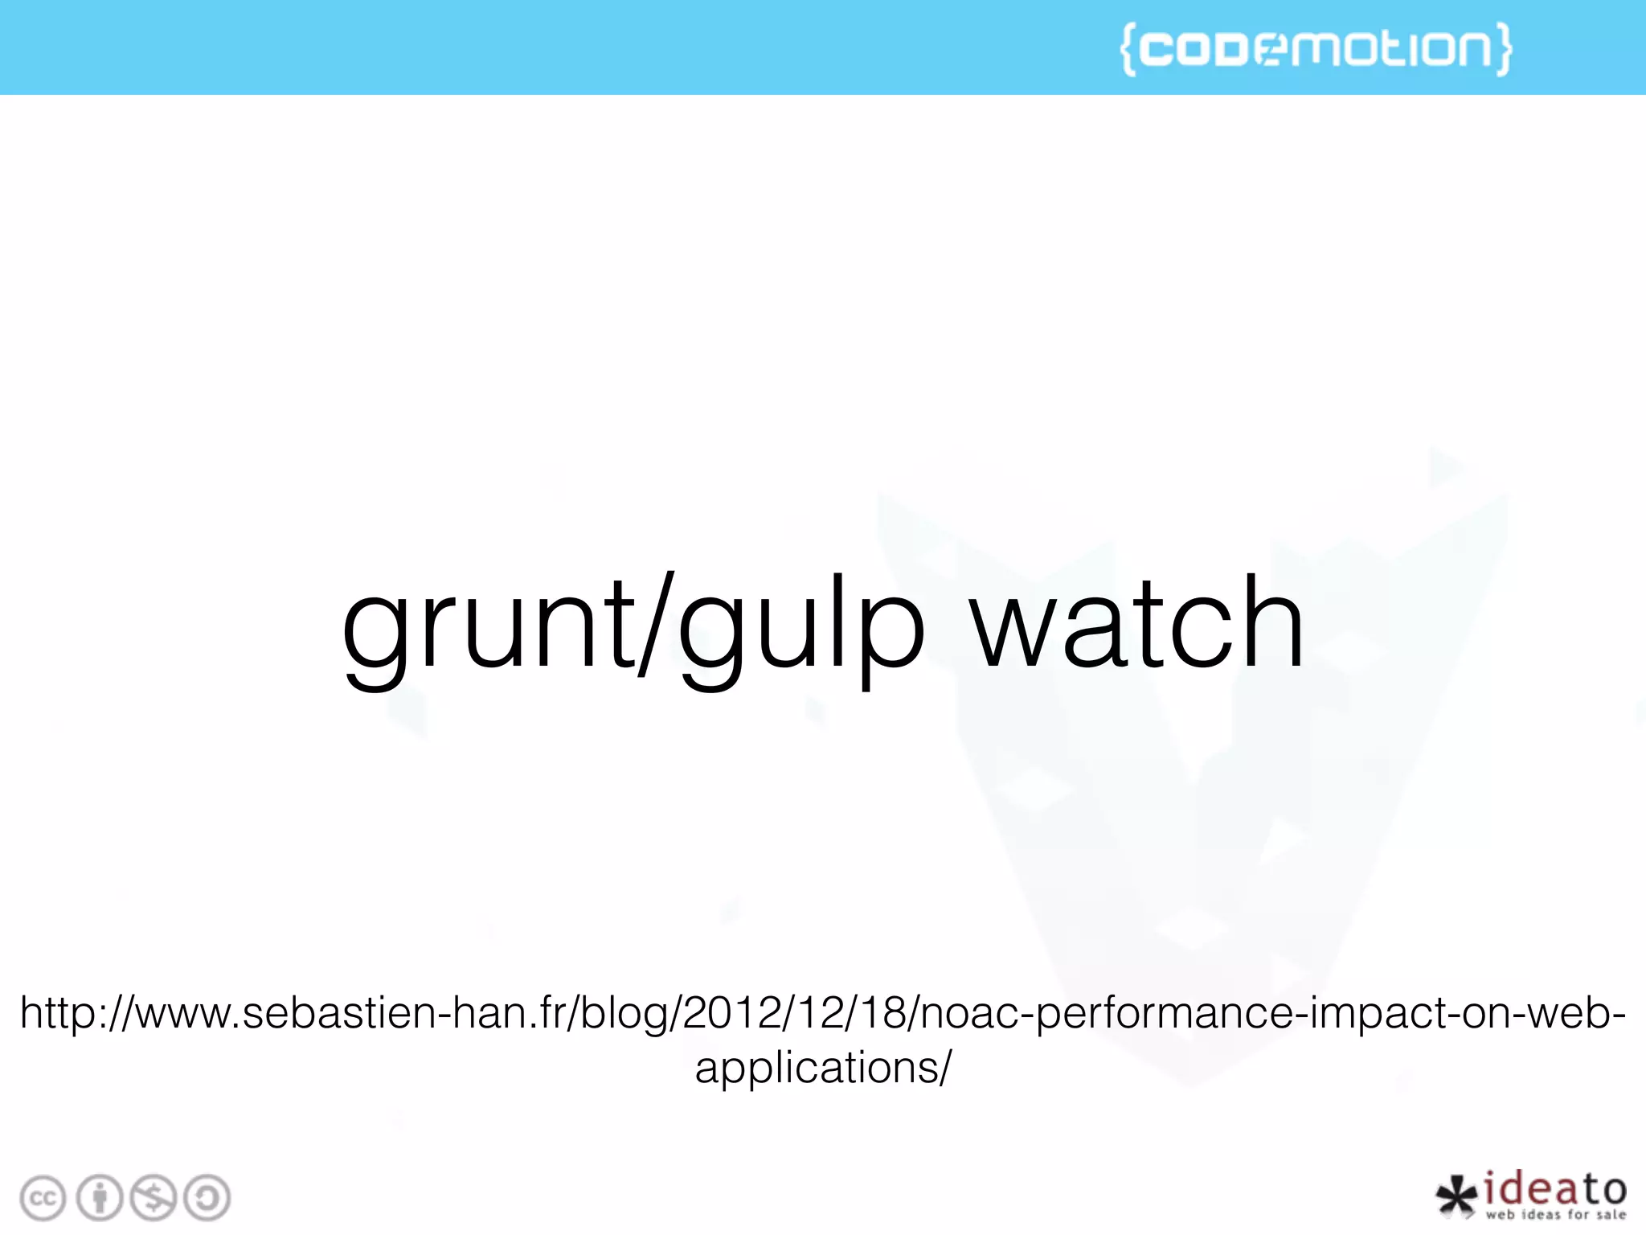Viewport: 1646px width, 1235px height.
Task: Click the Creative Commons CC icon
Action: point(43,1199)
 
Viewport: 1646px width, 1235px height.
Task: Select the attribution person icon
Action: point(100,1199)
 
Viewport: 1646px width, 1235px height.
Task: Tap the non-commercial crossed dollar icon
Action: point(154,1199)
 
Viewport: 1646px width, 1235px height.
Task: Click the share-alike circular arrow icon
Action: point(207,1199)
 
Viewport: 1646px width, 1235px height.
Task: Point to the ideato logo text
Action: point(1554,1189)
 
